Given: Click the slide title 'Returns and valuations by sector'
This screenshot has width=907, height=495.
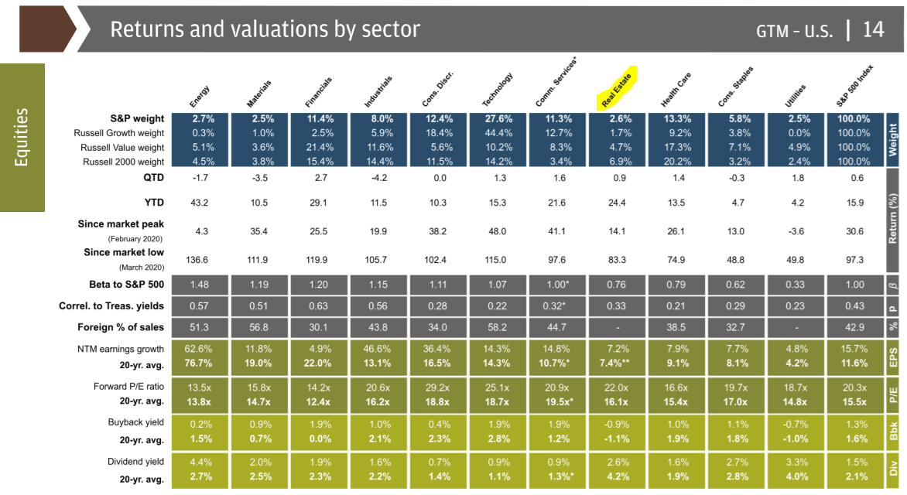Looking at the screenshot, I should [265, 29].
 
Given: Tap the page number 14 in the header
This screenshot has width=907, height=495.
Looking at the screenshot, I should [872, 29].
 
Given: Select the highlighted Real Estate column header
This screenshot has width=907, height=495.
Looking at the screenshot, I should [618, 87].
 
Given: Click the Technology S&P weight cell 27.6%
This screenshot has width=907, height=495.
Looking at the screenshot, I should [498, 119].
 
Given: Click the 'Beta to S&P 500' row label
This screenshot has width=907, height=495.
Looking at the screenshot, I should [122, 285].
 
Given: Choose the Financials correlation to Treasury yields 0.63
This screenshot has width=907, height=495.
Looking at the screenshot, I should [318, 306].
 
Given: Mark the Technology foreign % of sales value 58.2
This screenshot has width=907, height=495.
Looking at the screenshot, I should [498, 327].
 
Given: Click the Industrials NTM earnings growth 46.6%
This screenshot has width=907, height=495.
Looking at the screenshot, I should [378, 349].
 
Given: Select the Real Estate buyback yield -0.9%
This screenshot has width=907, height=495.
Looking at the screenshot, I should [618, 424].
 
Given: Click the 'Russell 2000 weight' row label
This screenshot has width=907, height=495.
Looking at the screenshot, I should [123, 162].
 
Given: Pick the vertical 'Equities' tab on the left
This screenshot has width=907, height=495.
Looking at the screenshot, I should [22, 137].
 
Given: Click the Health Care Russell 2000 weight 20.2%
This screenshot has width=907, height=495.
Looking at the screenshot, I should [676, 162].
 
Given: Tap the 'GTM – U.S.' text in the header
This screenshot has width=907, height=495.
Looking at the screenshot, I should [795, 31].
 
